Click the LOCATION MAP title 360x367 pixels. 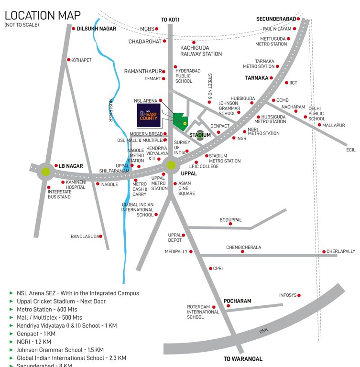(43, 15)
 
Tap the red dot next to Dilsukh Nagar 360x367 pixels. (73, 29)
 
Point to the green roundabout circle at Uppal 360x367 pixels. (171, 166)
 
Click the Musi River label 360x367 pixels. (109, 109)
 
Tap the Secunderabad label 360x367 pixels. (276, 19)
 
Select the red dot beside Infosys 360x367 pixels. (299, 296)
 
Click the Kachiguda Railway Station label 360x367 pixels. (201, 51)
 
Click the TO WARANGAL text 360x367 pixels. (243, 358)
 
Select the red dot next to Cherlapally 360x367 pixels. (324, 251)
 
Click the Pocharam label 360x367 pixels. (237, 301)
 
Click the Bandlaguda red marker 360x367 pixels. (100, 236)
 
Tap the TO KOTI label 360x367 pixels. (170, 20)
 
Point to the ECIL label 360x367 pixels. (351, 150)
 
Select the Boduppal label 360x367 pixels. (230, 220)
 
